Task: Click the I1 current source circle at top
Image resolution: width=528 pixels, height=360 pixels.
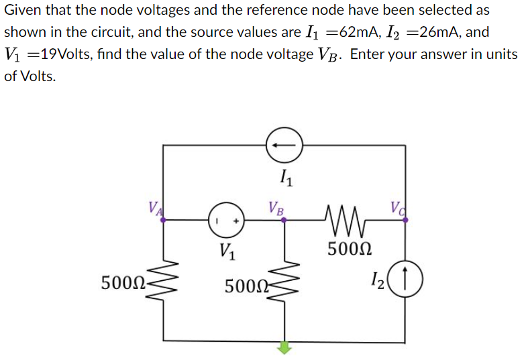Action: (284, 145)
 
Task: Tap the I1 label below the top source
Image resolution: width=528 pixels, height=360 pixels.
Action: (284, 178)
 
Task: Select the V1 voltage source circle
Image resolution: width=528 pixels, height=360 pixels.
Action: (227, 219)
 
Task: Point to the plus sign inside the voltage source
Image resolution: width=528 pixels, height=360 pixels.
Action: (236, 219)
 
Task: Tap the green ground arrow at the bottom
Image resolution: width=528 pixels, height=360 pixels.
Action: (285, 347)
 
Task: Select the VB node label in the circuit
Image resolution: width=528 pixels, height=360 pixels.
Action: (276, 206)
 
